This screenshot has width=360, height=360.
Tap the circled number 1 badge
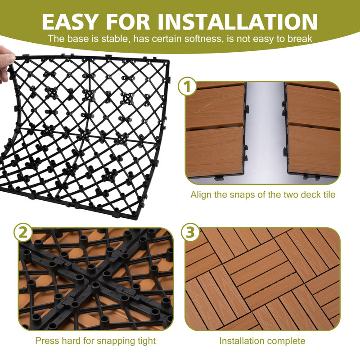[x=187, y=87]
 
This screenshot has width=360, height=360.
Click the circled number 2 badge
[x=23, y=233]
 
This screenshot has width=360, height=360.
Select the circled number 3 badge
[x=190, y=233]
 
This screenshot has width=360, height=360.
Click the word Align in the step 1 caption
[x=200, y=195]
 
